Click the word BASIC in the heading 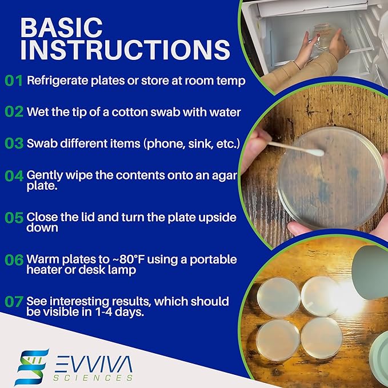[62, 27]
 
